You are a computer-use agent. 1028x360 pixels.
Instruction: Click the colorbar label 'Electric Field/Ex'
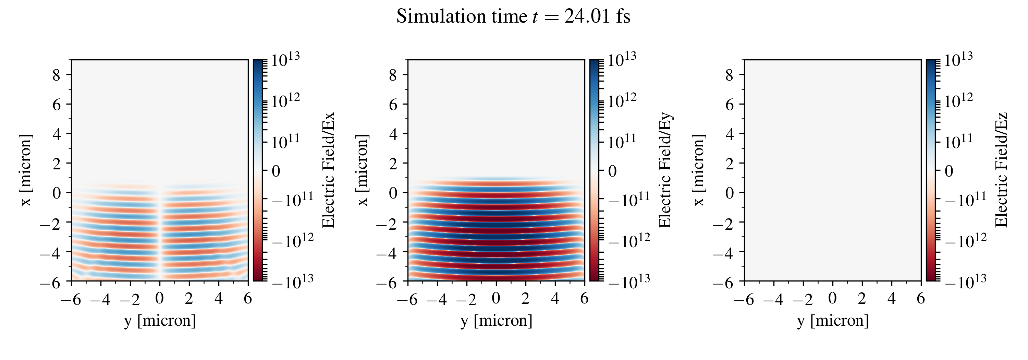click(328, 170)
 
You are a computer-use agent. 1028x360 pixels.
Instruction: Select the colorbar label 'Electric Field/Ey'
click(665, 170)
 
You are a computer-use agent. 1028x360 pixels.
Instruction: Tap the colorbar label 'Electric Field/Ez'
click(1001, 170)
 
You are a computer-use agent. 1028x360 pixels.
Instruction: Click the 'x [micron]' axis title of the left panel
click(26, 170)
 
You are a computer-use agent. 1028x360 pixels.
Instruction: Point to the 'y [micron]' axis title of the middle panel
click(496, 321)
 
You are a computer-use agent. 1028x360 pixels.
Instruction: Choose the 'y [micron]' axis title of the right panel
click(832, 321)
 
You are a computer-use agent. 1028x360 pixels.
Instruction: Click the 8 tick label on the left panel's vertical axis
click(56, 75)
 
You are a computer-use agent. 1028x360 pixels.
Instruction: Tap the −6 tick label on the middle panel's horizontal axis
click(407, 299)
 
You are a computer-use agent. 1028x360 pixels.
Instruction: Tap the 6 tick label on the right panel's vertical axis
click(730, 105)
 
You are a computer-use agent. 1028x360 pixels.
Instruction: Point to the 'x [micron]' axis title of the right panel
click(699, 170)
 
